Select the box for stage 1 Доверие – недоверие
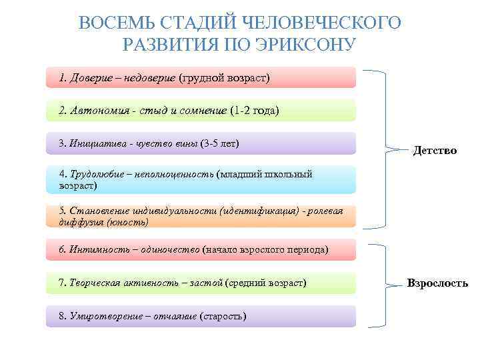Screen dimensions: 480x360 (x=201, y=78)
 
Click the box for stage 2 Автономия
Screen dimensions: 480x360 (x=201, y=111)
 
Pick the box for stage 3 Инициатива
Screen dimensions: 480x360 (x=201, y=143)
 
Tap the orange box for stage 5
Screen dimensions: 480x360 (x=201, y=216)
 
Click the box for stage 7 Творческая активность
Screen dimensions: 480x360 (x=201, y=283)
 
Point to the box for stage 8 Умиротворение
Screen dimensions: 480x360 (x=201, y=316)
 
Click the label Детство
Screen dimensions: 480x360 (x=435, y=151)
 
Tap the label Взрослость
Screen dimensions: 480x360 (x=437, y=283)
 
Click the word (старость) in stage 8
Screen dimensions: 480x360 (x=223, y=316)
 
